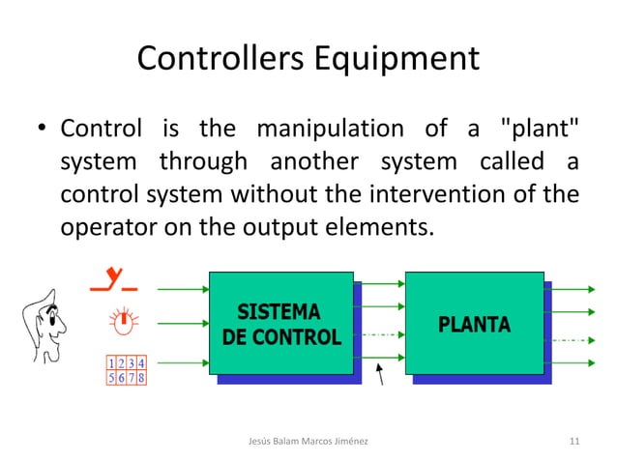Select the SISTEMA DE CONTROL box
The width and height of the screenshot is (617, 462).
[281, 325]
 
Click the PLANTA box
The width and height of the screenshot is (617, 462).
[475, 325]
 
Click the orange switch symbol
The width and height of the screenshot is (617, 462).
[114, 281]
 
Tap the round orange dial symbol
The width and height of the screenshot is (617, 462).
[124, 321]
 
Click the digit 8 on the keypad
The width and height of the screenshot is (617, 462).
[142, 377]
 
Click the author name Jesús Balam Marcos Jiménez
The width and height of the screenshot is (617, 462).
[308, 441]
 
